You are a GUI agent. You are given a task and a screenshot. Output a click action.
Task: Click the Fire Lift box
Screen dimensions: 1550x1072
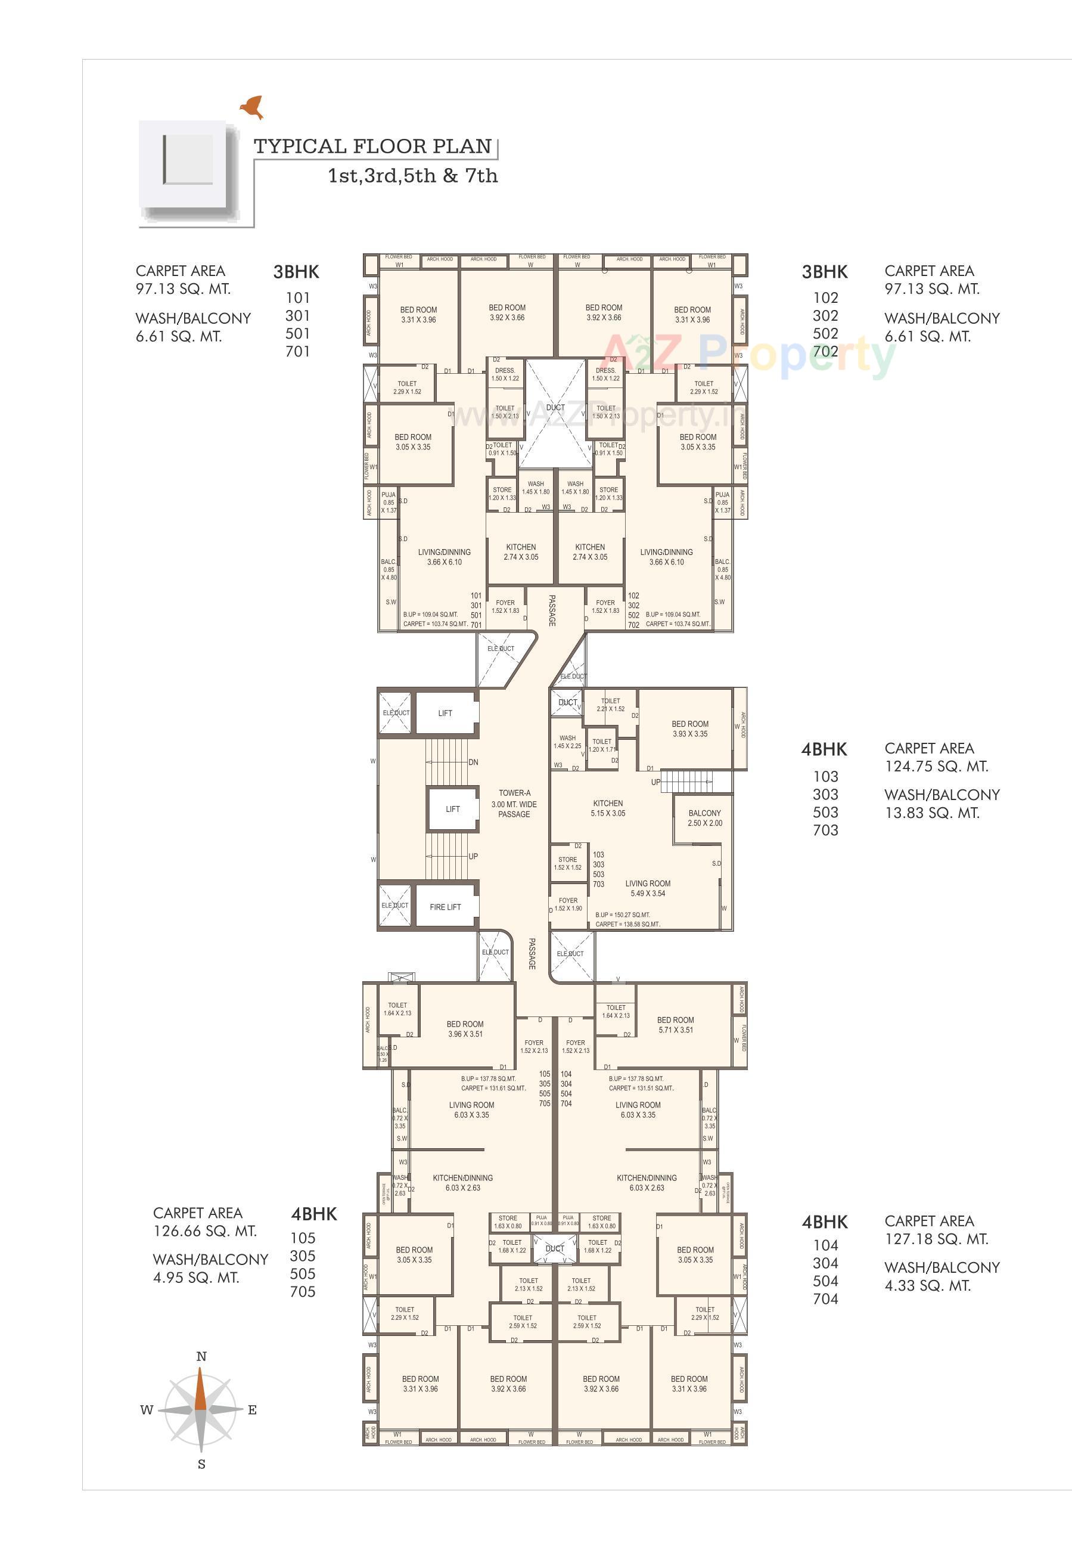pos(445,906)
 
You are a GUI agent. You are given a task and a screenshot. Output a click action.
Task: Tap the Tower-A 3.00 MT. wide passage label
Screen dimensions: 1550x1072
pos(514,804)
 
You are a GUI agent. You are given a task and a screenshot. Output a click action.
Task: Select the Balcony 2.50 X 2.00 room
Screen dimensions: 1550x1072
pos(704,818)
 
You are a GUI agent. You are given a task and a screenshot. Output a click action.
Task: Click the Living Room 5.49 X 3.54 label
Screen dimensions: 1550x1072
pos(648,888)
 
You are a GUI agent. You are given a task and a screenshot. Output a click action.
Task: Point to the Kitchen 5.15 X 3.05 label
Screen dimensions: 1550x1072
pos(608,808)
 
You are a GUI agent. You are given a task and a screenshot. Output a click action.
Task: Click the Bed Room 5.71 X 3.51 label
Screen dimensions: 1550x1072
pos(675,1025)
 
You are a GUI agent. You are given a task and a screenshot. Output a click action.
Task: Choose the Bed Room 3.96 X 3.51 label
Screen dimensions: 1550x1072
pos(465,1028)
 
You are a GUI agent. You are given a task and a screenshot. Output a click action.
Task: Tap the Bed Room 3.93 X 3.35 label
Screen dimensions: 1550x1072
pos(690,729)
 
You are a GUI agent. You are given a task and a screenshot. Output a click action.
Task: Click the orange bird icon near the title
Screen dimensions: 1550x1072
pos(253,107)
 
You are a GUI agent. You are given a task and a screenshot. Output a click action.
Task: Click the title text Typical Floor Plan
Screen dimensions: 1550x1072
pos(373,147)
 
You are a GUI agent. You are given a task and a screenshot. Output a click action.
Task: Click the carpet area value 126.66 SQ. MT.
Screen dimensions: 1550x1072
pos(205,1231)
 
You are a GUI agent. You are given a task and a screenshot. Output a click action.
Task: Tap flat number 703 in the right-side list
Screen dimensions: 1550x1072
pos(825,830)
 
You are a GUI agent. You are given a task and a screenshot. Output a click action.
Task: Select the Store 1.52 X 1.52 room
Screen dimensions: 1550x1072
pos(567,863)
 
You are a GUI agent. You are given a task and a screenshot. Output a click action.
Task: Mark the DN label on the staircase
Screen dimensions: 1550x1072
pos(473,762)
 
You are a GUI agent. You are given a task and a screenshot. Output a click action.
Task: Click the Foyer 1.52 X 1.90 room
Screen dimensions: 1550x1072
pos(568,904)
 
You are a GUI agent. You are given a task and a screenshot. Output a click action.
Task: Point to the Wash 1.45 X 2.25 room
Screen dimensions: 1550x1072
pos(567,742)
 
